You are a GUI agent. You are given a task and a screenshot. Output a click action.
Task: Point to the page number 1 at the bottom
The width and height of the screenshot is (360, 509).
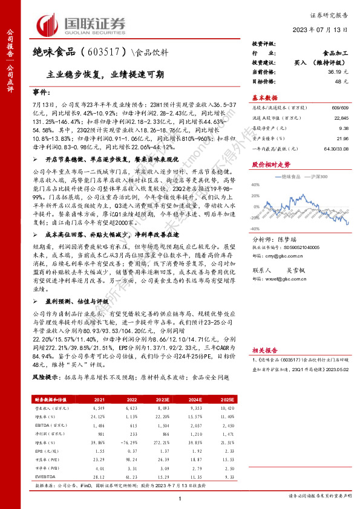[180, 497]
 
